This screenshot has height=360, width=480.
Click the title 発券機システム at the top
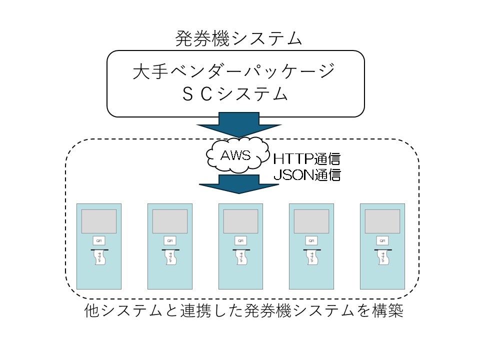239,39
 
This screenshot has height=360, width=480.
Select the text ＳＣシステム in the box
234,94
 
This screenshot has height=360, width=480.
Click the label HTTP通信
306,159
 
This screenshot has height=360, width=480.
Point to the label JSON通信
306,175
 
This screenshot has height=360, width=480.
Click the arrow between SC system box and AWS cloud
237,125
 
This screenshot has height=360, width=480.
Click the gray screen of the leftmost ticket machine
99,221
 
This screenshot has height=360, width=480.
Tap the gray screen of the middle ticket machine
241,221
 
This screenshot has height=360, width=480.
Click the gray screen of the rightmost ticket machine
382,221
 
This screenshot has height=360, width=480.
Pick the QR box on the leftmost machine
99,240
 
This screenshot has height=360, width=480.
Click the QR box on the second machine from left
170,240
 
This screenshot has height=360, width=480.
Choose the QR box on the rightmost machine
382,240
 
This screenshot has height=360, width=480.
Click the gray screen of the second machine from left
170,221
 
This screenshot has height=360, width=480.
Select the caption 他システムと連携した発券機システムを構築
244,312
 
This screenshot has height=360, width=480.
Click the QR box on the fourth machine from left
311,240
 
